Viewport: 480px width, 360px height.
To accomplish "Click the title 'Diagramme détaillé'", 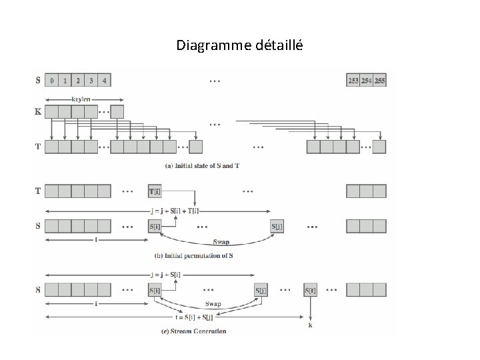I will (x=239, y=45).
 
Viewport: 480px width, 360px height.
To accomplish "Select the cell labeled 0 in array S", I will (x=51, y=81).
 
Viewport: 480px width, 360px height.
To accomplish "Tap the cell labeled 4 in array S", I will (x=103, y=81).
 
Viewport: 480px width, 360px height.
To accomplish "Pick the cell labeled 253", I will (x=353, y=81).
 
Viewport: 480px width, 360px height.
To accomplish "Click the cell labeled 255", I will (x=379, y=81).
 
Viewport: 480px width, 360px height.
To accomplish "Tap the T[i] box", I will (x=155, y=191).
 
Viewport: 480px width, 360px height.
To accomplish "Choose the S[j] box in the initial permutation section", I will (x=277, y=226).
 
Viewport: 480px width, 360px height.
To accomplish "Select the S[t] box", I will (x=311, y=290).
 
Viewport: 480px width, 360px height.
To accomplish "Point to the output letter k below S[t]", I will (x=311, y=325).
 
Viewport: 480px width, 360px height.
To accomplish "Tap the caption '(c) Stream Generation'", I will (x=198, y=331).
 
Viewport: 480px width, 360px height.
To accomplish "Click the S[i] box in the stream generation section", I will (x=155, y=290).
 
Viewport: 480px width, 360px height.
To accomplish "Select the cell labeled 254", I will (x=366, y=81).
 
